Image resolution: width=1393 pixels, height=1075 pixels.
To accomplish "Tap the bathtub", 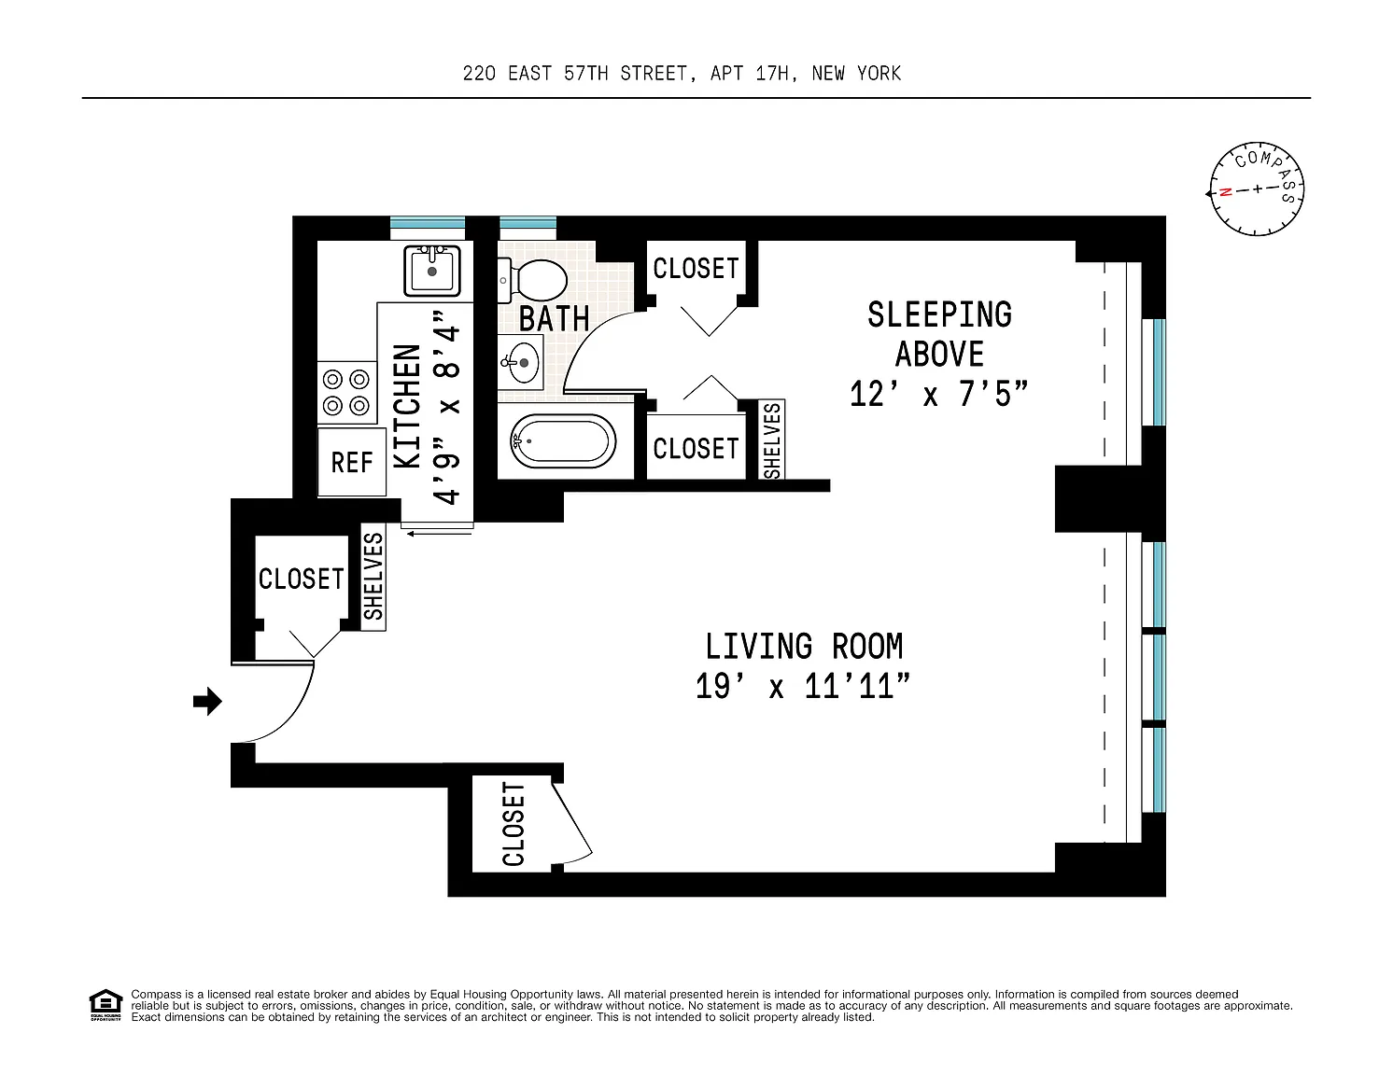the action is pyautogui.click(x=563, y=440).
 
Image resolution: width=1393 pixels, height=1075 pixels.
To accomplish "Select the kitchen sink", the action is pyautogui.click(x=432, y=271).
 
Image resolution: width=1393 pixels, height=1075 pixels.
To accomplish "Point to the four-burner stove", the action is pyautogui.click(x=346, y=392).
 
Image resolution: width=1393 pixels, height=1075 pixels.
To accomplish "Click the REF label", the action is pyautogui.click(x=352, y=463).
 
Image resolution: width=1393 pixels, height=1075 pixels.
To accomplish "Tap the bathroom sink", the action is pyautogui.click(x=521, y=363).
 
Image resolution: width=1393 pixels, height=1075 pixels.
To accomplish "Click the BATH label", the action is pyautogui.click(x=554, y=318).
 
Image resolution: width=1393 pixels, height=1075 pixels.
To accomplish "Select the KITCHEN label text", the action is pyautogui.click(x=407, y=406).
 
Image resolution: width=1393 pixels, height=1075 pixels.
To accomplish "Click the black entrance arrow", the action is pyautogui.click(x=207, y=701).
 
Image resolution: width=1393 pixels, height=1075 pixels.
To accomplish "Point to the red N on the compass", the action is pyautogui.click(x=1225, y=191).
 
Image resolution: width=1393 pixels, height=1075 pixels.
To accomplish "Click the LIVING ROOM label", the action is pyautogui.click(x=804, y=646).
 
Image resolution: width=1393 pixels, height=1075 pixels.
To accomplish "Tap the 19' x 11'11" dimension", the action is pyautogui.click(x=803, y=686).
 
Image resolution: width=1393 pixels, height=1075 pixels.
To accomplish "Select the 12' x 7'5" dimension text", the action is pyautogui.click(x=938, y=394).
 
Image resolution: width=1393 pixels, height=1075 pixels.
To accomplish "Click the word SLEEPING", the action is pyautogui.click(x=940, y=314).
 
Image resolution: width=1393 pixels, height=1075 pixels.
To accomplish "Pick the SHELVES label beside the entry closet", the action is pyautogui.click(x=373, y=577).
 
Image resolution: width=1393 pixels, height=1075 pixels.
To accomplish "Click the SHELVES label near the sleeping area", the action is pyautogui.click(x=772, y=440).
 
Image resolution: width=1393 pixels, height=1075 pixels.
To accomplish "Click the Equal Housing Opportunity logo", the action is pyautogui.click(x=106, y=1004).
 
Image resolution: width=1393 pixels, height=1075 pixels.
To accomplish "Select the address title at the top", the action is pyautogui.click(x=682, y=74).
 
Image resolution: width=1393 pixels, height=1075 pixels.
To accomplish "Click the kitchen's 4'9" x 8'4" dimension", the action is pyautogui.click(x=447, y=408).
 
